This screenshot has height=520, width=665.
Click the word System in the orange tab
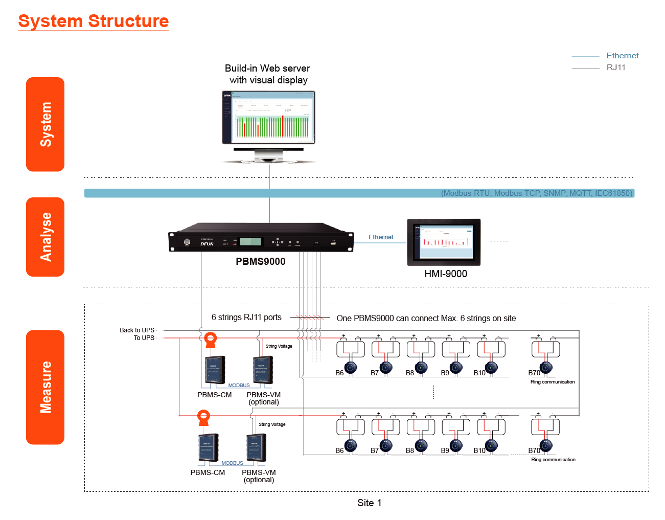point(46,124)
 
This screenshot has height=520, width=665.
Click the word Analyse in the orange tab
point(46,237)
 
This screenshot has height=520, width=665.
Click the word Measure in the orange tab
point(46,387)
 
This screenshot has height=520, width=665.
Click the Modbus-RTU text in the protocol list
point(466,193)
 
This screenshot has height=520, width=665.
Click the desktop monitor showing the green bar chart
point(268,118)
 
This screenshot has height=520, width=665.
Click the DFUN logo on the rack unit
point(207,244)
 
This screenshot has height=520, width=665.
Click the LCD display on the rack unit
point(250,241)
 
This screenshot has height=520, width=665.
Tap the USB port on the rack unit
point(333,243)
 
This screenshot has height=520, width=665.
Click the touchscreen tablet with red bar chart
point(444,242)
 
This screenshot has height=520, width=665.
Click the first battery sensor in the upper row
point(350,367)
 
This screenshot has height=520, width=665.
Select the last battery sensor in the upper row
point(545,367)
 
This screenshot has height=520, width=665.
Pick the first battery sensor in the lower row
point(350,445)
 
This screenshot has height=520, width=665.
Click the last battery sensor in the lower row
point(545,445)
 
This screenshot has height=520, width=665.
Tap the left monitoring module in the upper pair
point(215,370)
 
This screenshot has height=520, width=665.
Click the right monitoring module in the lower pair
point(256,448)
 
